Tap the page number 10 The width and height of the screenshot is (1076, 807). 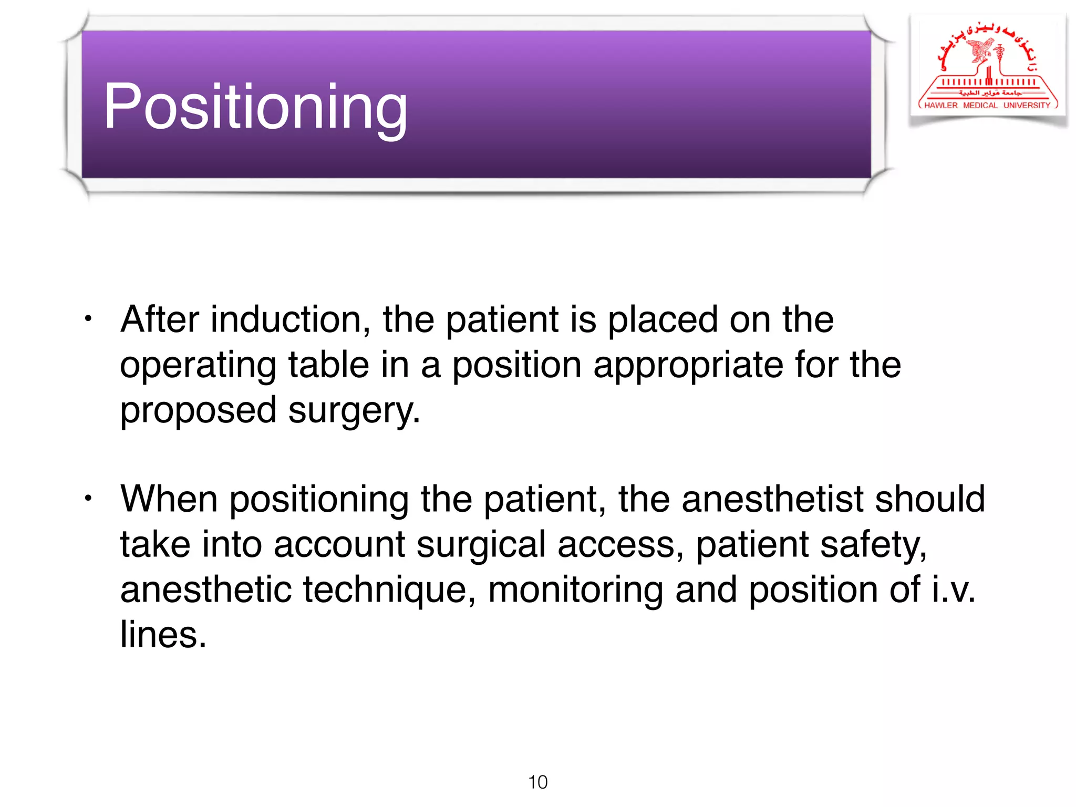[537, 782]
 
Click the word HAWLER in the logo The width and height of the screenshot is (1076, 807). [941, 105]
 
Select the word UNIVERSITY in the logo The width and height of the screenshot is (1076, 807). [1027, 105]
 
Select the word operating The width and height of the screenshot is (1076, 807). [198, 366]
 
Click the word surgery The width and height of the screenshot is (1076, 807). [354, 411]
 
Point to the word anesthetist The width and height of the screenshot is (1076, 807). [772, 499]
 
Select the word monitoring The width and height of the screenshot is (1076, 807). [575, 590]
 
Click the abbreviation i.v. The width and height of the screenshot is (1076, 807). [953, 589]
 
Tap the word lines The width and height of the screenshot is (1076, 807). [163, 635]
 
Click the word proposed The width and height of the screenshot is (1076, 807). [198, 411]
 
